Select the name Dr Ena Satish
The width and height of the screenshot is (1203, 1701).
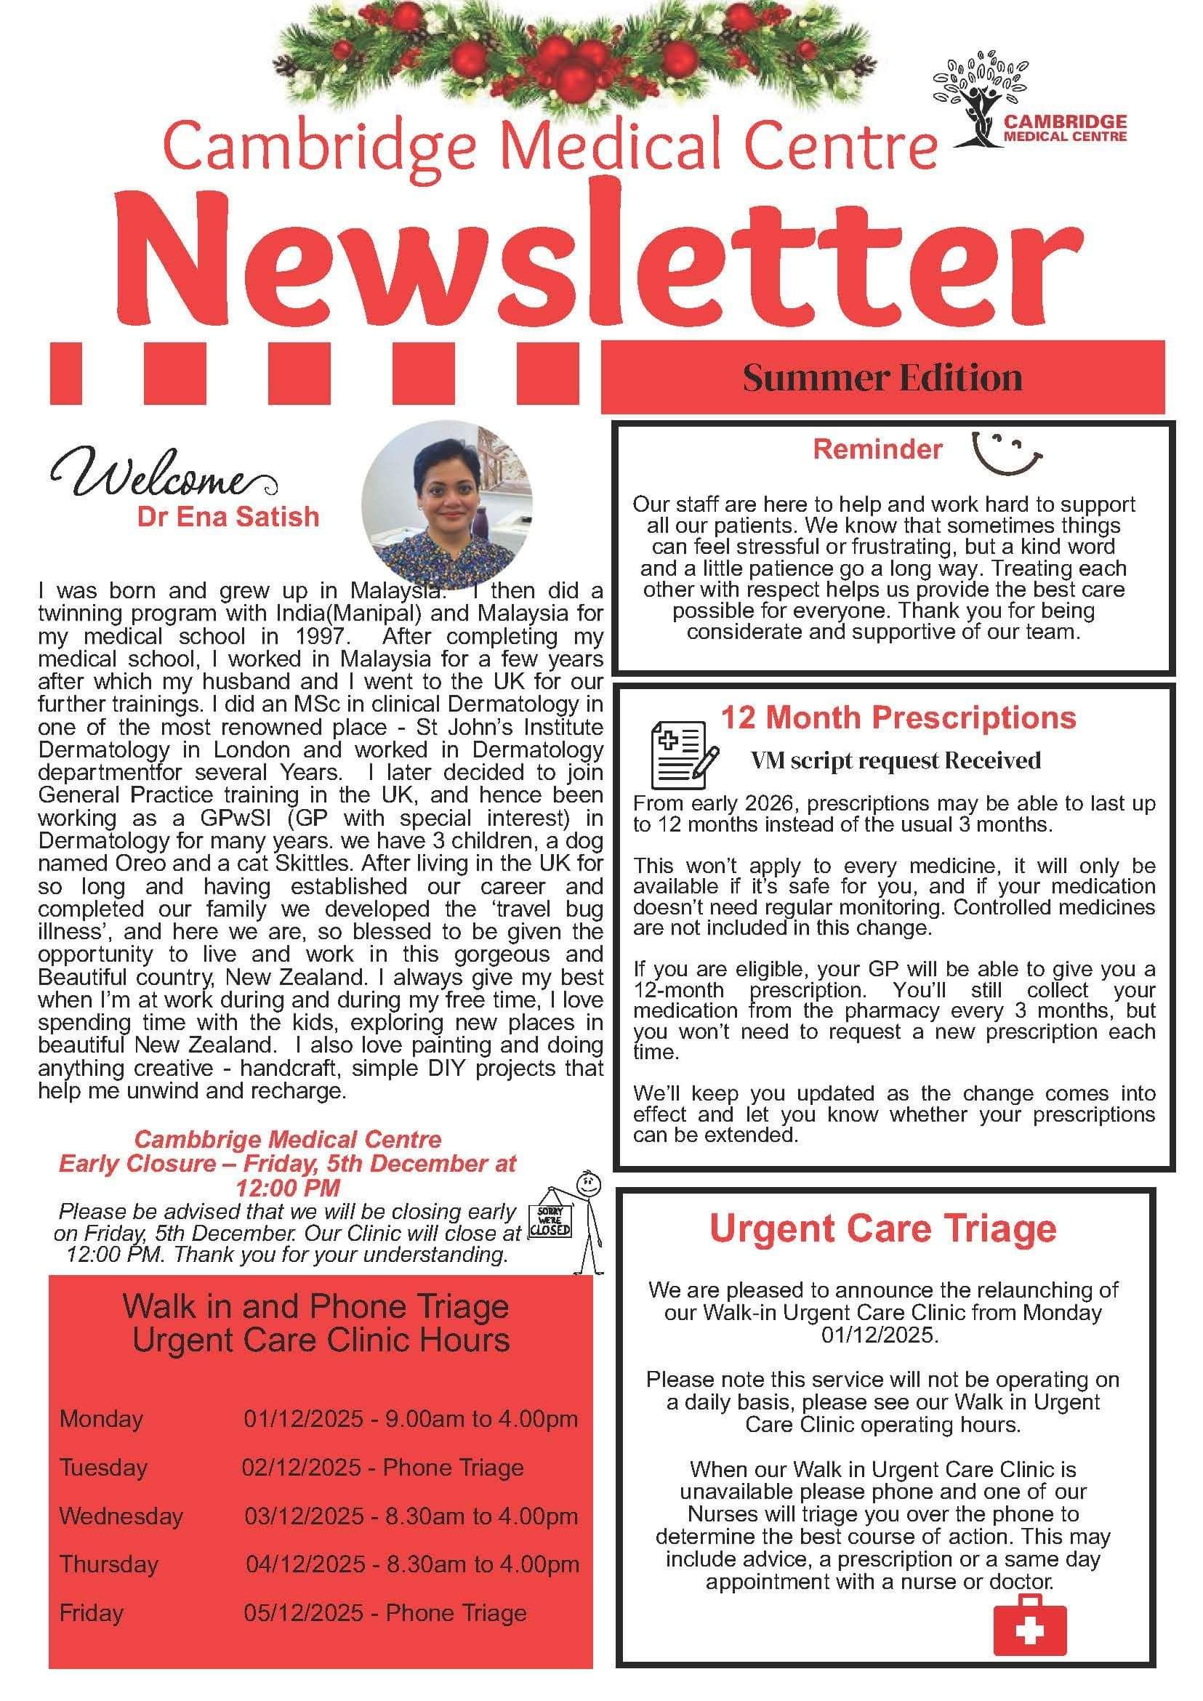pos(228,516)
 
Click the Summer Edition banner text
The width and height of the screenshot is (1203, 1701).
pos(882,378)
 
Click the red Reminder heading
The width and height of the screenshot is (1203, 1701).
pos(877,449)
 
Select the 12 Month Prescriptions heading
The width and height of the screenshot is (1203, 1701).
pos(898,717)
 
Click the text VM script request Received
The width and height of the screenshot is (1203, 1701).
pos(896,760)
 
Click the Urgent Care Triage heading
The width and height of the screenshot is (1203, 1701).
pos(883,1228)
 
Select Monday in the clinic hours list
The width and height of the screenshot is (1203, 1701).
pos(102,1419)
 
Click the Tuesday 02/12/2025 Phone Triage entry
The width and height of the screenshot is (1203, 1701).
pos(382,1468)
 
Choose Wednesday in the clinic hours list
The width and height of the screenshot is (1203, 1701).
pos(121,1516)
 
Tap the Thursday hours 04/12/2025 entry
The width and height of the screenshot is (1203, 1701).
pos(412,1564)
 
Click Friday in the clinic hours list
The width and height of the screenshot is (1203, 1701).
pos(91,1613)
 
